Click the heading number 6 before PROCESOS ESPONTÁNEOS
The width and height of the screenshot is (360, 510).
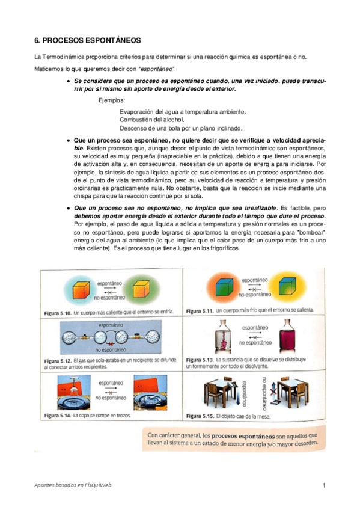pos(37,40)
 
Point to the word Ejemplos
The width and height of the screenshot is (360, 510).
pos(112,100)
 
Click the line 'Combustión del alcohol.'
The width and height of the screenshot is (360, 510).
pos(152,120)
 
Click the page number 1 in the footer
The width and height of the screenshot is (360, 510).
pos(323,485)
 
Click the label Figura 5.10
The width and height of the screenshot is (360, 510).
pos(58,312)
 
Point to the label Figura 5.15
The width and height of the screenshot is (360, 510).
pos(200,415)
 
